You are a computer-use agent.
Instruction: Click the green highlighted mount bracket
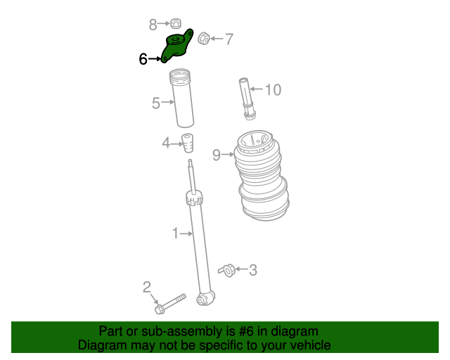pyautogui.click(x=176, y=46)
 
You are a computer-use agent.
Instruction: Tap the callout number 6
pyautogui.click(x=143, y=60)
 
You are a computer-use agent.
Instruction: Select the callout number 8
pyautogui.click(x=153, y=25)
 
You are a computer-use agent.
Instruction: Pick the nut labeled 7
pyautogui.click(x=204, y=38)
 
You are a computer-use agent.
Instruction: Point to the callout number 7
pyautogui.click(x=229, y=39)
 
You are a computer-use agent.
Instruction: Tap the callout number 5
pyautogui.click(x=156, y=103)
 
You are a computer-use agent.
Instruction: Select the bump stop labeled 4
pyautogui.click(x=188, y=141)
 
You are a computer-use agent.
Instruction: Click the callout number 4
pyautogui.click(x=166, y=143)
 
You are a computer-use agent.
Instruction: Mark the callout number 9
pyautogui.click(x=217, y=155)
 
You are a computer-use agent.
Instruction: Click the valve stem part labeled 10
pyautogui.click(x=247, y=98)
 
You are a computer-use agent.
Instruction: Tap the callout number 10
pyautogui.click(x=272, y=89)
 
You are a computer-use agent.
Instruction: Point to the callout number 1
pyautogui.click(x=176, y=233)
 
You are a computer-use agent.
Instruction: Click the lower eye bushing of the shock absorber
pyautogui.click(x=205, y=300)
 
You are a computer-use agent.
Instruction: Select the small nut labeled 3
pyautogui.click(x=226, y=269)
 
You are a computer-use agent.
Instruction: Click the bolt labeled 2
pyautogui.click(x=169, y=304)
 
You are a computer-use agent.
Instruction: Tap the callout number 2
pyautogui.click(x=146, y=286)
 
